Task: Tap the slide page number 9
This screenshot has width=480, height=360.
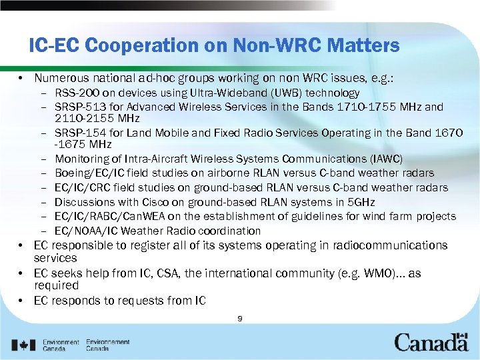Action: pos(239,319)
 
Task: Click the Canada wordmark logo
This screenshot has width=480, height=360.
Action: pos(431,342)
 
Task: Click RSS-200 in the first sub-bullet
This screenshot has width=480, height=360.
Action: pos(76,93)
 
